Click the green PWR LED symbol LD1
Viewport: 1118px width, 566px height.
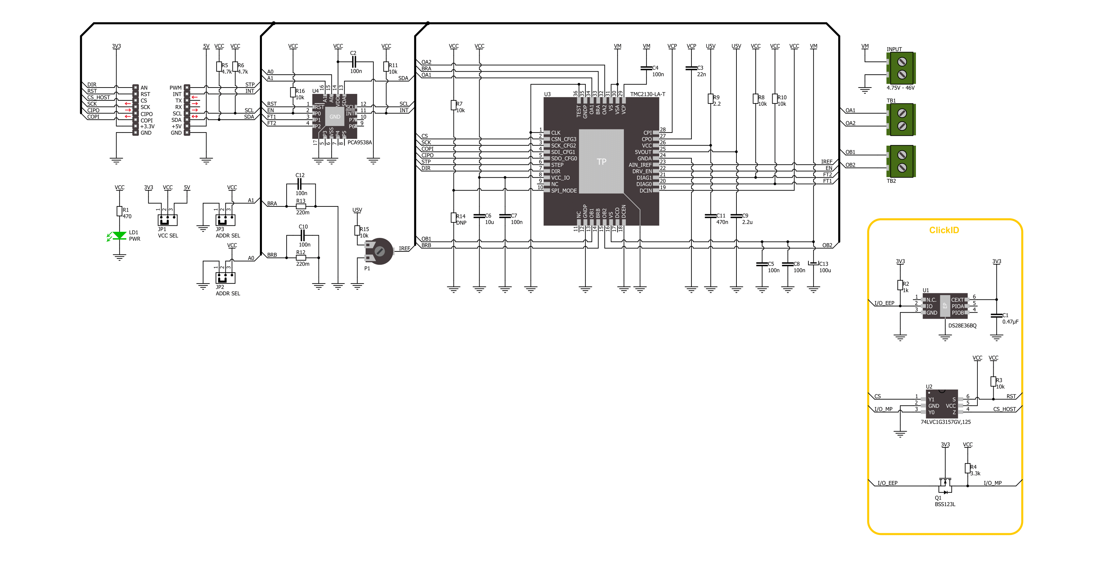119,236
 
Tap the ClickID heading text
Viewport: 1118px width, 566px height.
944,230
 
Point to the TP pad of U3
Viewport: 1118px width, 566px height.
601,162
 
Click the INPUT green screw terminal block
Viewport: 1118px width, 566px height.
901,68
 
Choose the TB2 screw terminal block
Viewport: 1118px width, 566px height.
901,161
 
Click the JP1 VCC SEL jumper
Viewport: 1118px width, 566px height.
168,220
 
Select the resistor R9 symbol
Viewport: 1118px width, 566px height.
710,99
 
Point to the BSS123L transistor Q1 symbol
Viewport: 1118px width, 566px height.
945,485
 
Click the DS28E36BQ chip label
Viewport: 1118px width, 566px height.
962,325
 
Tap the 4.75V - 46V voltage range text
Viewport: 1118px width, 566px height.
901,88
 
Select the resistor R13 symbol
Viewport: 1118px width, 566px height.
301,206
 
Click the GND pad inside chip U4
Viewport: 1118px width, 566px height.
335,117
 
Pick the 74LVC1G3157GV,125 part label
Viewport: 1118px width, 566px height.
946,422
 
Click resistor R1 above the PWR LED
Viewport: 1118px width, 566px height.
119,212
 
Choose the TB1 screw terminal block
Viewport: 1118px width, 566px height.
901,119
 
